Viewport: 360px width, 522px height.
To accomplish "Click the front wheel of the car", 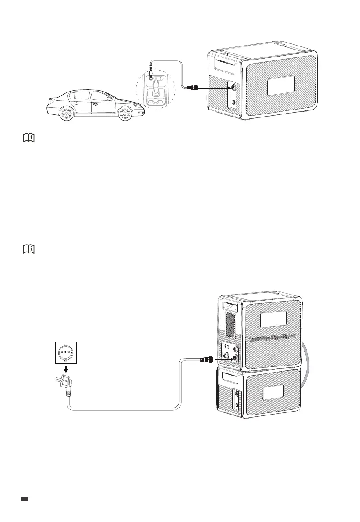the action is pyautogui.click(x=124, y=114).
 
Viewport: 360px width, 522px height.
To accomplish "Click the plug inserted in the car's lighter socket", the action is pyautogui.click(x=150, y=70).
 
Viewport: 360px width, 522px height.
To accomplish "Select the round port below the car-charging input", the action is pyautogui.click(x=233, y=102).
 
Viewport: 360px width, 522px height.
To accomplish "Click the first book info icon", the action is pyautogui.click(x=28, y=138).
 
